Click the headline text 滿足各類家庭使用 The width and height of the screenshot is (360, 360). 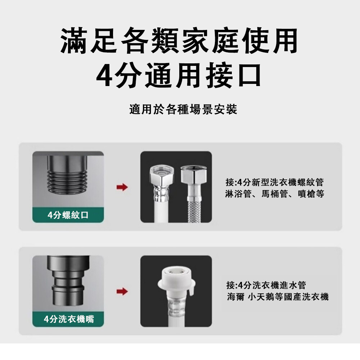(x=179, y=41)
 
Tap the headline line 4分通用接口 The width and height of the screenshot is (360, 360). (x=179, y=75)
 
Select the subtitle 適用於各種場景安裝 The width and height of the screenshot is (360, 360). (x=183, y=109)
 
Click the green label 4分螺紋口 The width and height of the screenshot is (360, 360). (x=68, y=215)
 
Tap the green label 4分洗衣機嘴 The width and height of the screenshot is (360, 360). (x=68, y=319)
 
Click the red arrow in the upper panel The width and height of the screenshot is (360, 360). (x=122, y=187)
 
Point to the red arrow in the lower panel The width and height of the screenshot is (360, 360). (x=122, y=291)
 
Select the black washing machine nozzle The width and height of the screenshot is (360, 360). (x=68, y=280)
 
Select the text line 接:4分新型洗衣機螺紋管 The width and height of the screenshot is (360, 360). (x=275, y=182)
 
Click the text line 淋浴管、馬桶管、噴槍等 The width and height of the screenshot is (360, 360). (x=275, y=194)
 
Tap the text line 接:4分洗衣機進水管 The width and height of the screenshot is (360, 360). (x=266, y=285)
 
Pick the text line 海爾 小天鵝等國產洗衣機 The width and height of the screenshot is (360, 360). (x=278, y=297)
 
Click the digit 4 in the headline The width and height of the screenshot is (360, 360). (x=104, y=76)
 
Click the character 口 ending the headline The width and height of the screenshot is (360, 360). (x=249, y=75)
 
